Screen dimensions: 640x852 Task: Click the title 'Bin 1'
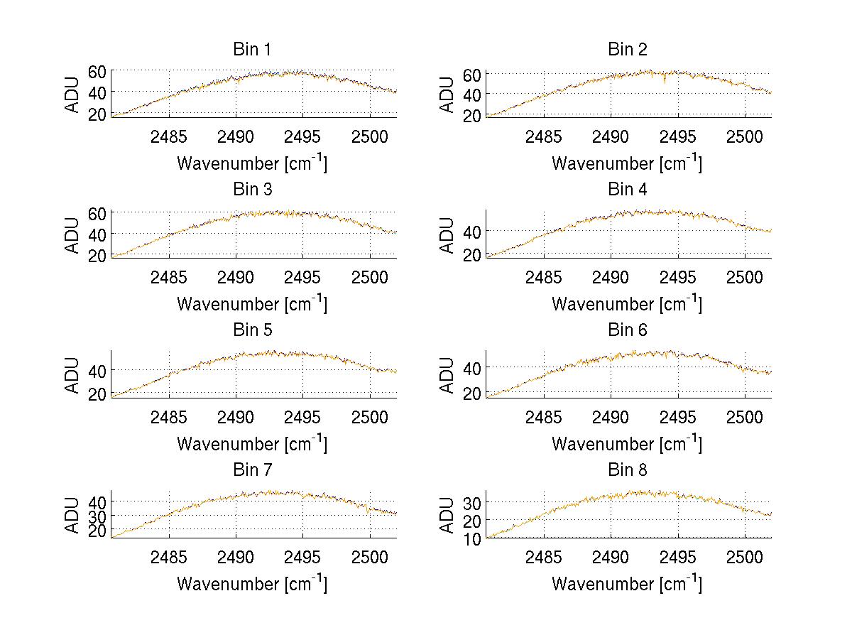point(252,50)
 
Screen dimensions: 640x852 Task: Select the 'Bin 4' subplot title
point(628,190)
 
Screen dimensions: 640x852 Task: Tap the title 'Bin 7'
point(252,470)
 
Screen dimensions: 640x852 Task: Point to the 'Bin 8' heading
point(628,470)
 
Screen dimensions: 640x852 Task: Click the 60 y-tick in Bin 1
point(97,71)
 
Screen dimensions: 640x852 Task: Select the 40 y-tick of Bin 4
point(472,232)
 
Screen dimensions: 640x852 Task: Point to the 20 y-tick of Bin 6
point(472,393)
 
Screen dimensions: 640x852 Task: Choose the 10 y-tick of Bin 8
point(472,538)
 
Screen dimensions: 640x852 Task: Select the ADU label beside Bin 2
point(447,94)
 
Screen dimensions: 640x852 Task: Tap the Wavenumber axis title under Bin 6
point(627,443)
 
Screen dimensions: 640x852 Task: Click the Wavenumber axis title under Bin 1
point(252,163)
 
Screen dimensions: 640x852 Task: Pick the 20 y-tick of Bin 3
point(97,255)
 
